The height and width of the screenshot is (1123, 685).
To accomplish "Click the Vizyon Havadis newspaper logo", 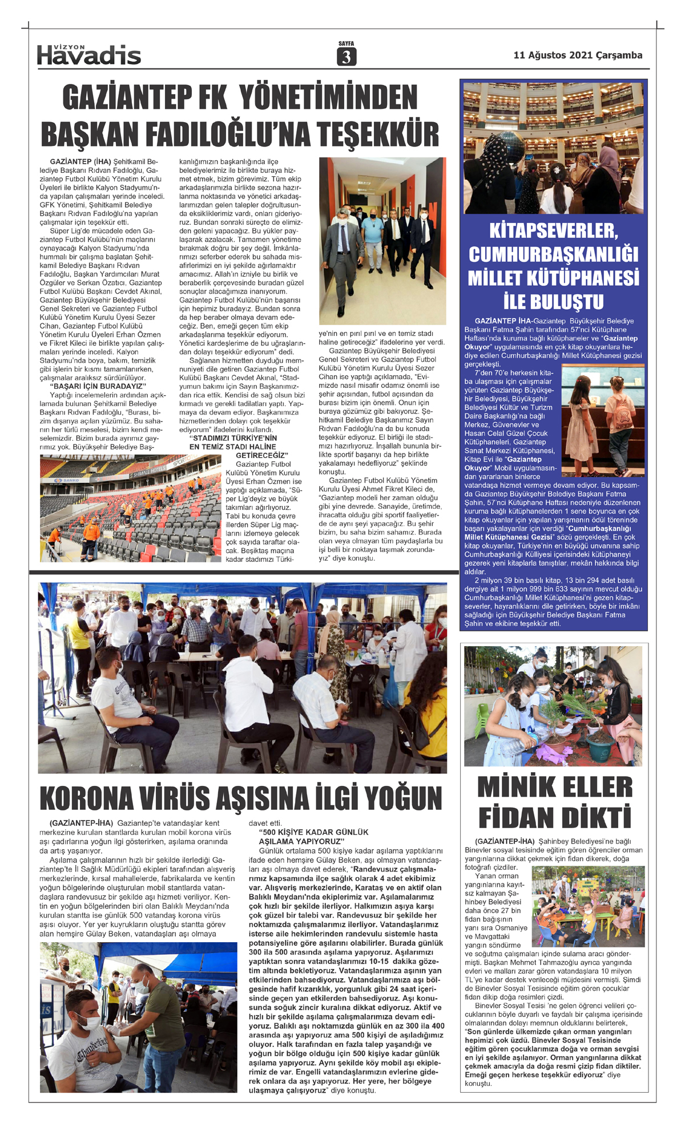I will pyautogui.click(x=89, y=55).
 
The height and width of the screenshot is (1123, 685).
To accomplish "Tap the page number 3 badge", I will pyautogui.click(x=346, y=56).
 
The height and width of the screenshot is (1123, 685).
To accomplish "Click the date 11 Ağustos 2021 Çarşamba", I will pyautogui.click(x=578, y=55).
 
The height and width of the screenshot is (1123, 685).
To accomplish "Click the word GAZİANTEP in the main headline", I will pyautogui.click(x=126, y=97).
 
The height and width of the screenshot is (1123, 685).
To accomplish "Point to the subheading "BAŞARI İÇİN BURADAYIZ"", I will pyautogui.click(x=98, y=386).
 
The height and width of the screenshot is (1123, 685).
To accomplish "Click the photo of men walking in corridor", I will pyautogui.click(x=382, y=241).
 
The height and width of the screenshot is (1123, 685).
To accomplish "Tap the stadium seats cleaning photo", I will pyautogui.click(x=130, y=508).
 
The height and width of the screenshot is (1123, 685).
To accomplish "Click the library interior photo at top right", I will pyautogui.click(x=553, y=148).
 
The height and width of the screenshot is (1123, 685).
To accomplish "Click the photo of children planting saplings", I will pyautogui.click(x=553, y=706).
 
